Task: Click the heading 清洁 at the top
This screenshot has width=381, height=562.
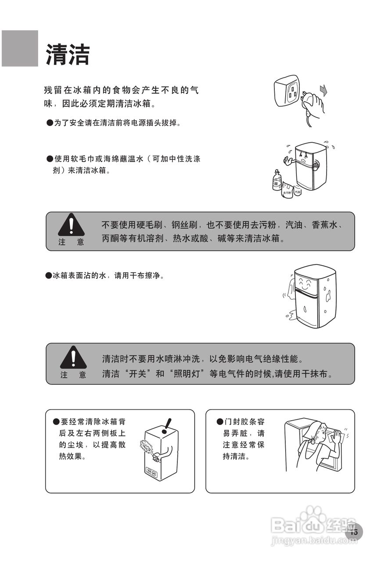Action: (68, 54)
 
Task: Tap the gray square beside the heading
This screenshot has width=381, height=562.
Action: (20, 48)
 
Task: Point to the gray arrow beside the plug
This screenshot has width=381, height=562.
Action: (323, 91)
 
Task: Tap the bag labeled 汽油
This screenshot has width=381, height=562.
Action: (298, 190)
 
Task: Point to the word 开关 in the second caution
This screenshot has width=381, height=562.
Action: (138, 374)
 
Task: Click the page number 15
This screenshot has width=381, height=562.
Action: (355, 532)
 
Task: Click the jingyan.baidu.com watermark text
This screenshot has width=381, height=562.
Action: (314, 541)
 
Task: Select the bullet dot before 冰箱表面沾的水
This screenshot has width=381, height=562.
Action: (48, 276)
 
